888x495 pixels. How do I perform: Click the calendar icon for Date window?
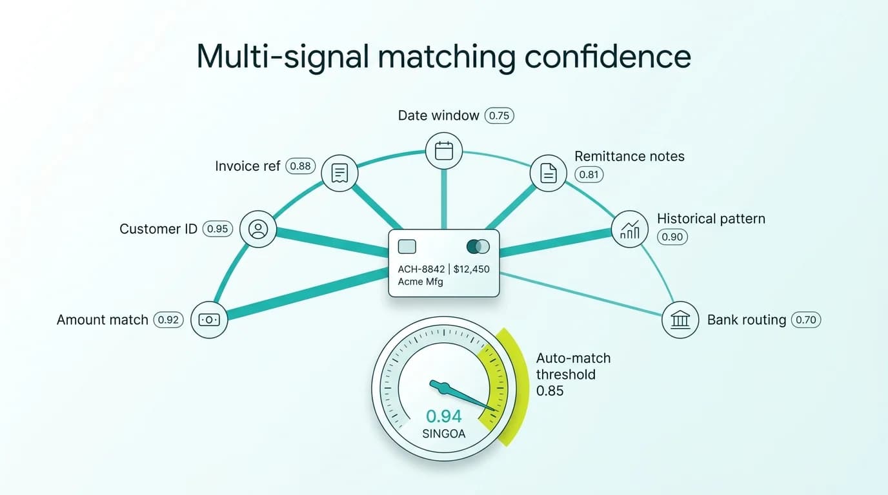tap(444, 151)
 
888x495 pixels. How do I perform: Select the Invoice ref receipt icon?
tap(339, 173)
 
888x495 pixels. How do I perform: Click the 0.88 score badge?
tap(300, 166)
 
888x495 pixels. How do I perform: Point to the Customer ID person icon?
tap(258, 229)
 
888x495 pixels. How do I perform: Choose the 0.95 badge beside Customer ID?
tap(217, 229)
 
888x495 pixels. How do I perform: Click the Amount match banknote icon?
tap(210, 320)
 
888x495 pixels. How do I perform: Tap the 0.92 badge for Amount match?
tap(168, 320)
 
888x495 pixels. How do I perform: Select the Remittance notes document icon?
tap(548, 173)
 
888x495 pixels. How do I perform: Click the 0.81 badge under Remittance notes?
tap(589, 175)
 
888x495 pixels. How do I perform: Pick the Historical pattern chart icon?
tap(629, 228)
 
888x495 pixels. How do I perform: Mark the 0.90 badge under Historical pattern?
tap(672, 237)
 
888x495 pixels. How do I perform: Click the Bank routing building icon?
tap(680, 320)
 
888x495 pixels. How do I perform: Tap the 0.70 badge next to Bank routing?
tap(806, 320)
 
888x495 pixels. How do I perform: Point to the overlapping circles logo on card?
tap(478, 247)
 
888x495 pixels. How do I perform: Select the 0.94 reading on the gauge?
tap(444, 416)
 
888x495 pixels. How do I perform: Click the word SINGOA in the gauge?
tap(444, 434)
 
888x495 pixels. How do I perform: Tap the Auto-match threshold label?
tap(573, 366)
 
